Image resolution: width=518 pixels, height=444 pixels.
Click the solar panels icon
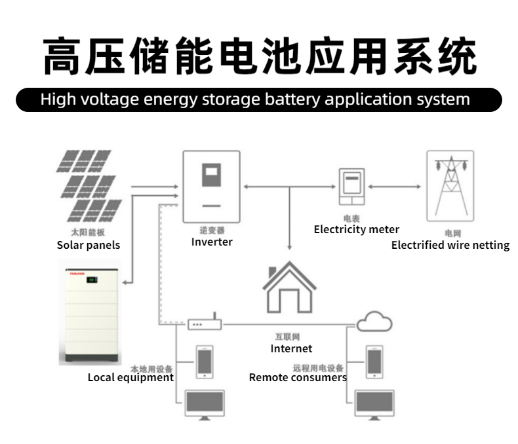click(89, 186)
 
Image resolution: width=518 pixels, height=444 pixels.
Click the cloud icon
click(374, 322)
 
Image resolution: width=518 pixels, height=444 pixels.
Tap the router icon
click(205, 324)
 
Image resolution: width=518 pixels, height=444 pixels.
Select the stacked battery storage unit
click(92, 312)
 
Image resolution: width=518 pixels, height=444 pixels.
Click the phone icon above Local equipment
click(205, 361)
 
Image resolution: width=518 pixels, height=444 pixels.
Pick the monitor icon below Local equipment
click(205, 404)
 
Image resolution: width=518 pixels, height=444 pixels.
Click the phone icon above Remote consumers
click(374, 361)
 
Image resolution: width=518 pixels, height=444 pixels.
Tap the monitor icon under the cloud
click(374, 403)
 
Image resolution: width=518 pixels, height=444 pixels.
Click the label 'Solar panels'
click(89, 245)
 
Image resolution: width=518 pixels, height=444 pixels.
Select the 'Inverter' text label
click(212, 242)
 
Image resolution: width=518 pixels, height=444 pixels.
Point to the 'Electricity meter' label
click(356, 229)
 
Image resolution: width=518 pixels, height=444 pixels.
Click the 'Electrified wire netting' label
click(450, 245)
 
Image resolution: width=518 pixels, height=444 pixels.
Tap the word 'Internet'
click(291, 348)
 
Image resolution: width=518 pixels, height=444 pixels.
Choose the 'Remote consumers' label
click(298, 377)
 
